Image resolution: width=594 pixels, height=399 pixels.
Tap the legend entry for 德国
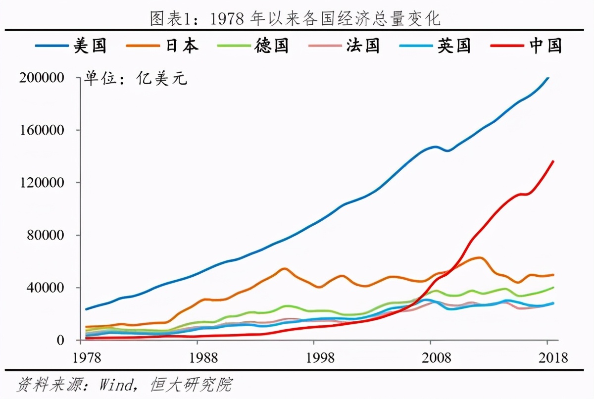click(x=252, y=46)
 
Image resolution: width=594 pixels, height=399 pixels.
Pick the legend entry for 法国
click(x=344, y=46)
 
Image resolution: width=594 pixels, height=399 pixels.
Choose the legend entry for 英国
click(x=435, y=46)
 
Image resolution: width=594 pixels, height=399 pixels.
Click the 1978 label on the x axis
click(x=81, y=357)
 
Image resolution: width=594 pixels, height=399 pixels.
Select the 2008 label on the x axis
click(x=430, y=357)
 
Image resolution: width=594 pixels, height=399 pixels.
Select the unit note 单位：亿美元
click(x=135, y=79)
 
